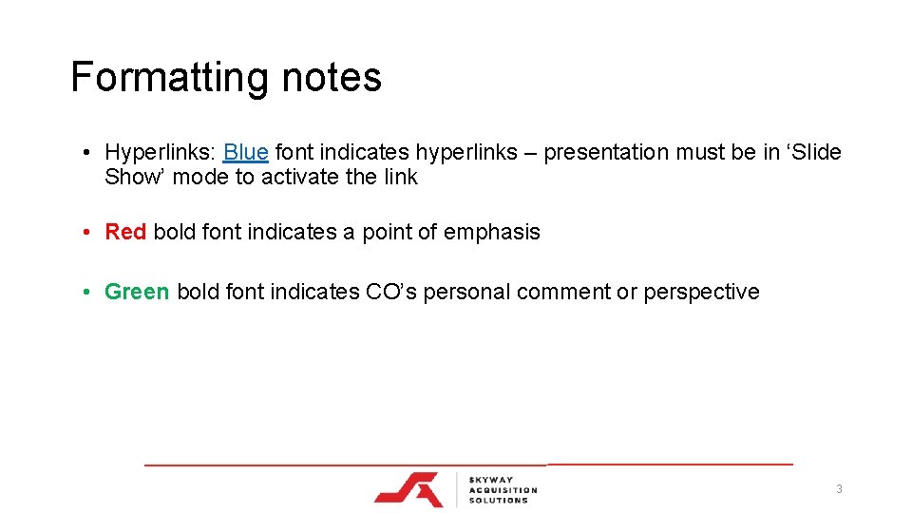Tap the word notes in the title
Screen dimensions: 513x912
(332, 78)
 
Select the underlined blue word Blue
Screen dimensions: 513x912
(246, 152)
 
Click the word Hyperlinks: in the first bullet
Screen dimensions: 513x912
(161, 152)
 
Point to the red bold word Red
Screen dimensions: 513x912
(125, 232)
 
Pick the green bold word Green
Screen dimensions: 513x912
(137, 292)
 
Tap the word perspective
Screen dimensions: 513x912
(701, 292)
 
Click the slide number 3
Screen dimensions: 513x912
(839, 489)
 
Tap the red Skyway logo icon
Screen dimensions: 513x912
(408, 488)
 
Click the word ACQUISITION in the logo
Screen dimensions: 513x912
(503, 489)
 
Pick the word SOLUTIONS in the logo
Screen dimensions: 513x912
(498, 501)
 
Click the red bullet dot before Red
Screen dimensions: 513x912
(85, 232)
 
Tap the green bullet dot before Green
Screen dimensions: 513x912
(85, 292)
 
